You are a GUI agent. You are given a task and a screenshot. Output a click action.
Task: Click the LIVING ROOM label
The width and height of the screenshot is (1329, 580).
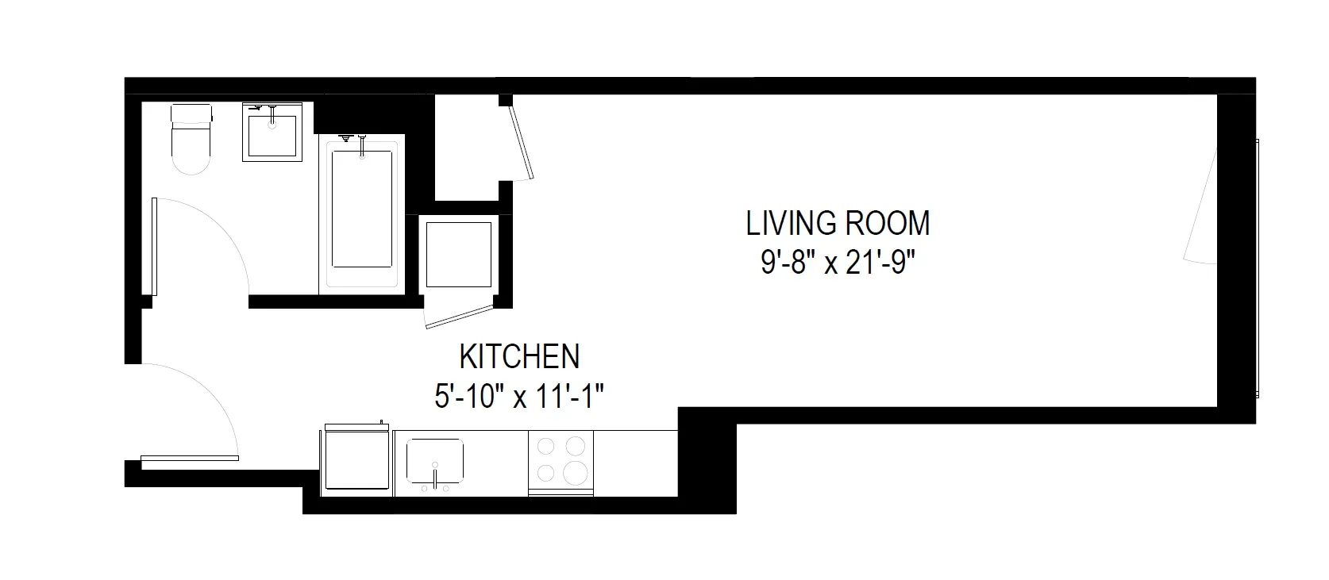pos(838,224)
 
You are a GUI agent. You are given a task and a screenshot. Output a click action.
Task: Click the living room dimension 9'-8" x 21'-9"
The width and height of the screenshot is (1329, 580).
pos(838,263)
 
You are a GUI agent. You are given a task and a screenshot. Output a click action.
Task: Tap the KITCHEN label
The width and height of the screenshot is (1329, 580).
pos(520,357)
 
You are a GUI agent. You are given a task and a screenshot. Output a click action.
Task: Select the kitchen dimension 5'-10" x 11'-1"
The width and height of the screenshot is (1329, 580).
pos(520,395)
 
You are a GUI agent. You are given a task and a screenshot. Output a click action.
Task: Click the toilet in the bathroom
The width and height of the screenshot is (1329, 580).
pos(191,147)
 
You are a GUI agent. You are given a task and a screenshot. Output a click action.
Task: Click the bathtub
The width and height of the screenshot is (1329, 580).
pos(362,210)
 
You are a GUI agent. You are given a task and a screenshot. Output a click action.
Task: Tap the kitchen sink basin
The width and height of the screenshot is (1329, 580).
pos(435,460)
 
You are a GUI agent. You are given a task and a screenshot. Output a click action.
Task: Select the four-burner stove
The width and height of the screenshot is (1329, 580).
pos(560,462)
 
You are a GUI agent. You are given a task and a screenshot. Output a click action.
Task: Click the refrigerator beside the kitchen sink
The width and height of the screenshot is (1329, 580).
pos(358,463)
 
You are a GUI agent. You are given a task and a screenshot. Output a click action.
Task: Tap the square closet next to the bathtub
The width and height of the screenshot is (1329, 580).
pos(458,254)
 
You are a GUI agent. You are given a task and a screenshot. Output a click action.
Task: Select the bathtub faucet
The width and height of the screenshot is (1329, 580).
pos(362,147)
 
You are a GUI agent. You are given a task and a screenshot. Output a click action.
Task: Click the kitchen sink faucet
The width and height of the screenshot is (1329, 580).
pos(435,477)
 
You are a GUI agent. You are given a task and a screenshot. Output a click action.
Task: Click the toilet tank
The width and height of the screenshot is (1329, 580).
pos(191,116)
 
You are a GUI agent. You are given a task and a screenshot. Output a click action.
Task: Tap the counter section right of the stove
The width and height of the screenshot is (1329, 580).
pos(635,463)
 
